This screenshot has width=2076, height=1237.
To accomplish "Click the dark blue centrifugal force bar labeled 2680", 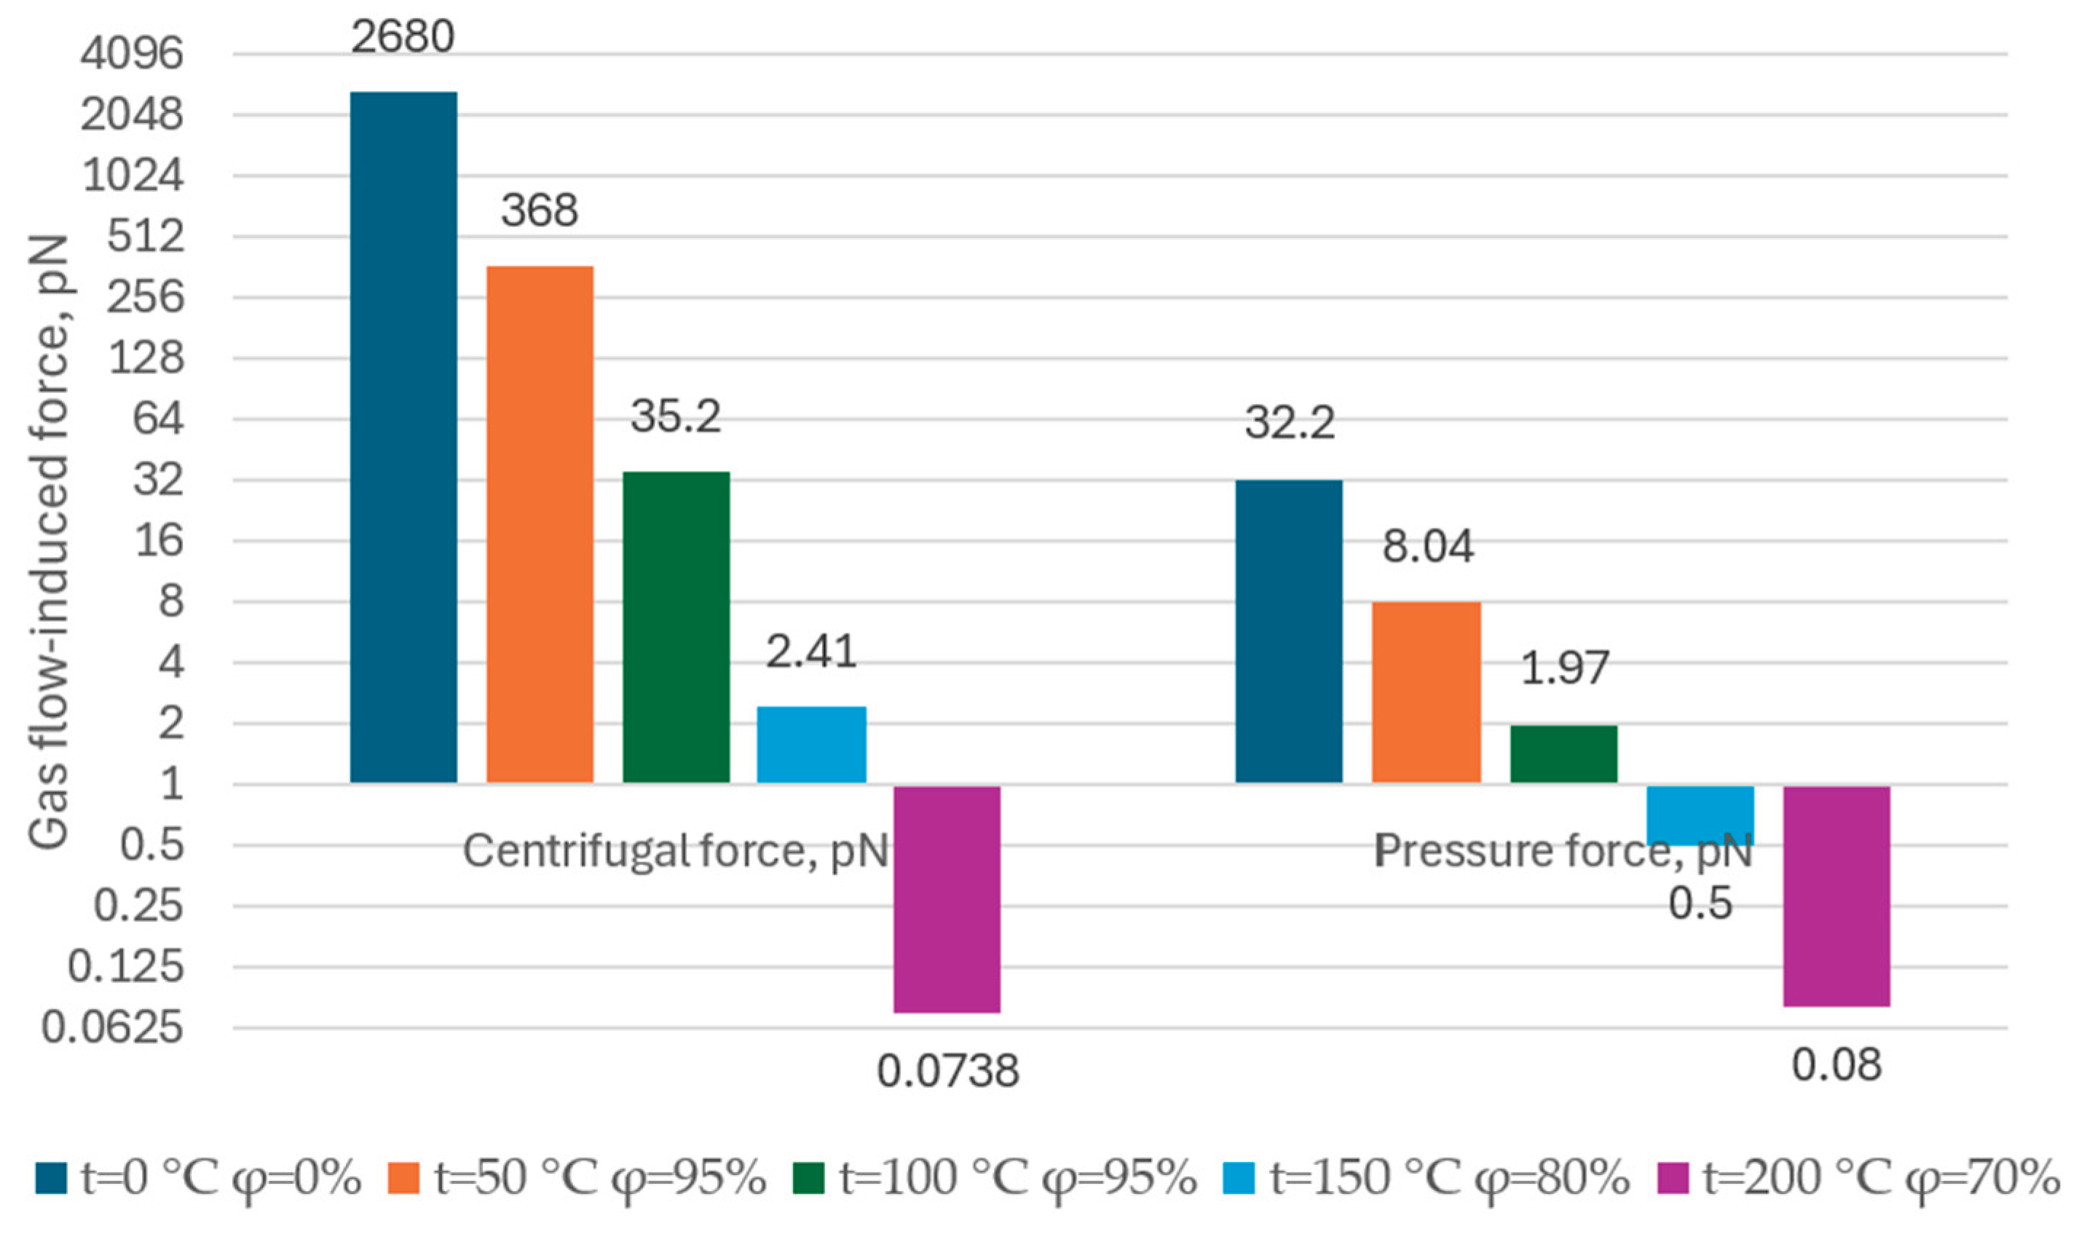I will [x=403, y=437].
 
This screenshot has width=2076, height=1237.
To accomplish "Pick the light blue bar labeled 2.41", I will [x=811, y=744].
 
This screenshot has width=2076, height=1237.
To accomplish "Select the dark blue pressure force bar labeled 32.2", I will [x=1288, y=631].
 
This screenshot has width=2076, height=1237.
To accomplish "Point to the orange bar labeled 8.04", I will [x=1426, y=692].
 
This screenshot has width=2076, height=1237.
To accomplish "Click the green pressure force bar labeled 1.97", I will [x=1563, y=754].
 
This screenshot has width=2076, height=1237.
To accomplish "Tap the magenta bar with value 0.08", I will [x=1836, y=896].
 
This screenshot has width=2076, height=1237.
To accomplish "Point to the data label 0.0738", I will [x=947, y=1071].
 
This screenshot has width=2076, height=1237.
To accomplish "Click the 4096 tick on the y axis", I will [x=132, y=55].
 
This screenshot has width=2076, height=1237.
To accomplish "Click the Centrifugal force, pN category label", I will [x=675, y=851].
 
